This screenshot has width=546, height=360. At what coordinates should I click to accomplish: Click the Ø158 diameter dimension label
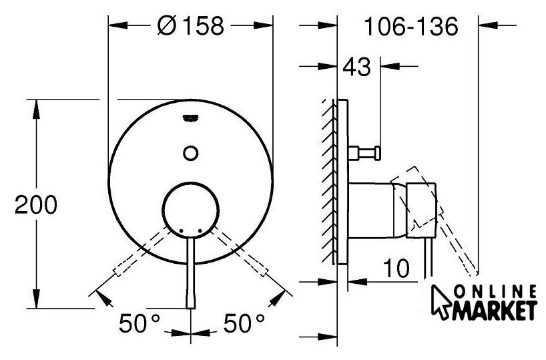click(x=190, y=26)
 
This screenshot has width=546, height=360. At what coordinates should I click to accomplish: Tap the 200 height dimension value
click(x=36, y=205)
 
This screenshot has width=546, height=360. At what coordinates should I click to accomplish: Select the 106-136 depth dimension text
click(x=411, y=27)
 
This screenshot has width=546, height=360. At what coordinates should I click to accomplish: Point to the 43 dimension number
click(x=357, y=67)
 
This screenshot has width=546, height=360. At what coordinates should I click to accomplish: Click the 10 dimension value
click(x=396, y=268)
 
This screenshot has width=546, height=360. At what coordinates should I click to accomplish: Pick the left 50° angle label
click(x=140, y=323)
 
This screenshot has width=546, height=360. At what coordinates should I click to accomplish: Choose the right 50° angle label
click(x=244, y=323)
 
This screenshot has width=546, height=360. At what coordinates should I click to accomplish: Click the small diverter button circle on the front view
click(x=191, y=153)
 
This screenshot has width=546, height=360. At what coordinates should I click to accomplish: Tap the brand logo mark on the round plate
click(x=190, y=118)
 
